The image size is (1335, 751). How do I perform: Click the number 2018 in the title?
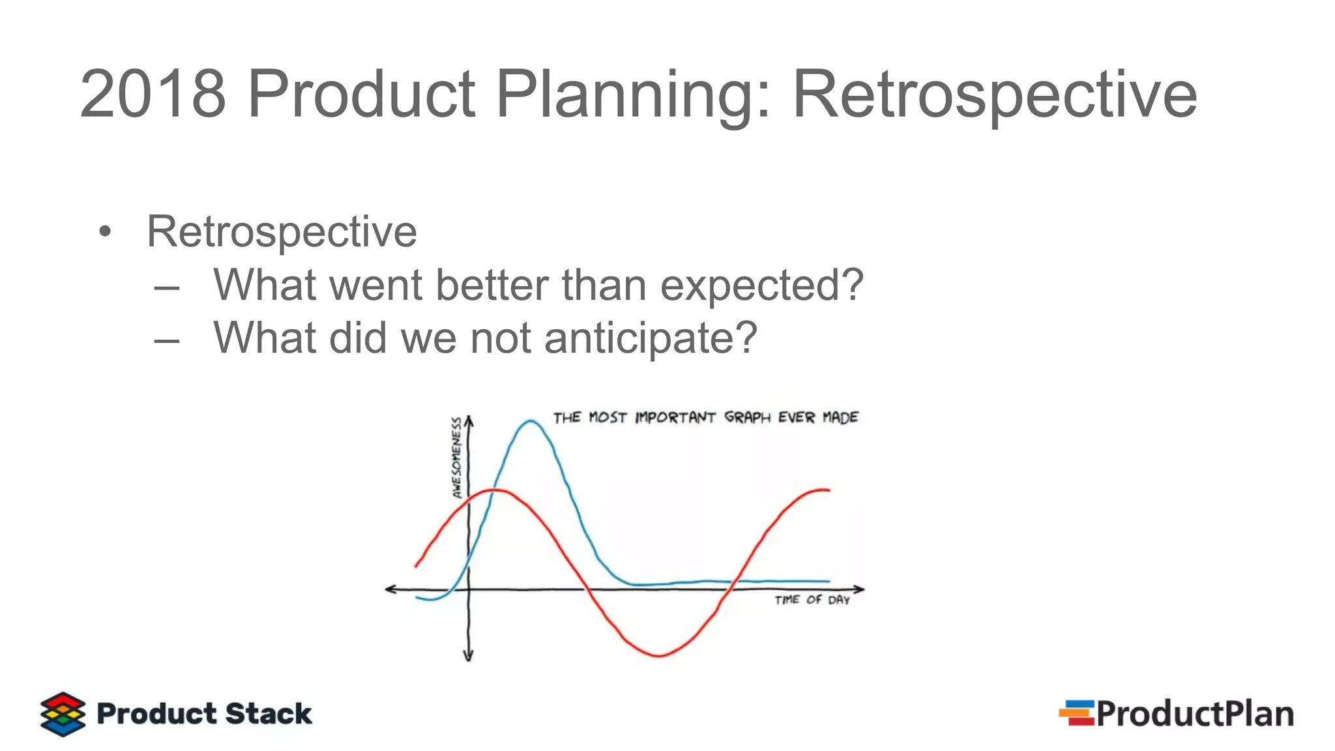153,95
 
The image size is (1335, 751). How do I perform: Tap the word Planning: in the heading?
632,95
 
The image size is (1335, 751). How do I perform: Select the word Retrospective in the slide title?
994,95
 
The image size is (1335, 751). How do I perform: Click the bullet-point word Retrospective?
282,232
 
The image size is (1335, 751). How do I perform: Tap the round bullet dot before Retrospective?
105,232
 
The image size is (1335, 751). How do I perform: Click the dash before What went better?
167,287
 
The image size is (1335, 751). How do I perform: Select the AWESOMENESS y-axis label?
457,458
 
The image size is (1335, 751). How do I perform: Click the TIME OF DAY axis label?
812,600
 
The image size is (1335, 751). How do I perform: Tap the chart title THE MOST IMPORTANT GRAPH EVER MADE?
705,417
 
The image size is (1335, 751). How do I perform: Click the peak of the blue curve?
531,422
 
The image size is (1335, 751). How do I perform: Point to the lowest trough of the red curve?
658,655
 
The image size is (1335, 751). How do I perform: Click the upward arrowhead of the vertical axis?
469,420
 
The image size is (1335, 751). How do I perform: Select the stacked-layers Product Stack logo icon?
63,714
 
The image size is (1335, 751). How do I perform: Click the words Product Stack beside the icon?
204,714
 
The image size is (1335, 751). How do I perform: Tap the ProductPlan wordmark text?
1194,714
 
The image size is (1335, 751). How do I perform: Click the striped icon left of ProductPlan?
1076,713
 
